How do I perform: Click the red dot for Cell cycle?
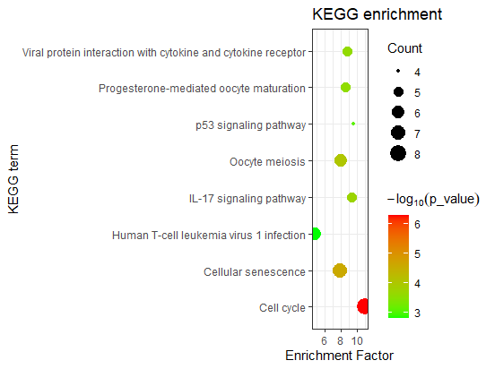point(363,306)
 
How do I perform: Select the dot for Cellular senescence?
point(340,270)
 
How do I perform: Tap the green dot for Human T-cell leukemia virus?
point(315,235)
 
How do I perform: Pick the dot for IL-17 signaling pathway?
point(352,197)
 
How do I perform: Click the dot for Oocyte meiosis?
point(341,160)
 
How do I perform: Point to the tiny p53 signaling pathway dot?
point(353,124)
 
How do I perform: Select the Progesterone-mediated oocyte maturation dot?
point(345,87)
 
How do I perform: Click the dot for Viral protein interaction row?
point(347,51)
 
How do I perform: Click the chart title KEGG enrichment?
point(377,15)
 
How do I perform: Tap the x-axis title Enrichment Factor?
point(340,356)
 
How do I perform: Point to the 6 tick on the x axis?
point(323,340)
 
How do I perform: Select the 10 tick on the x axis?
point(357,340)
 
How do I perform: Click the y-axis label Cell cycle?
point(282,307)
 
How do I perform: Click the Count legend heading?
point(405,48)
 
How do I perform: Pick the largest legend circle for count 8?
point(398,154)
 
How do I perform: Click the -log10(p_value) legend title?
point(433,198)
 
